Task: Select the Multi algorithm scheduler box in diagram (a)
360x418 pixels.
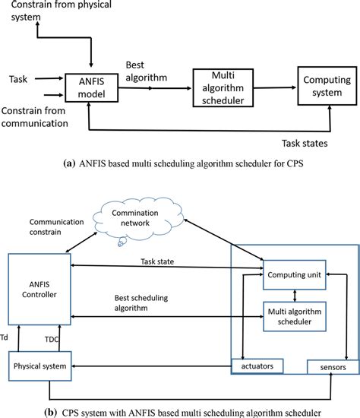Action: (221, 88)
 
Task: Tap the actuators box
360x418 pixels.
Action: (262, 366)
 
